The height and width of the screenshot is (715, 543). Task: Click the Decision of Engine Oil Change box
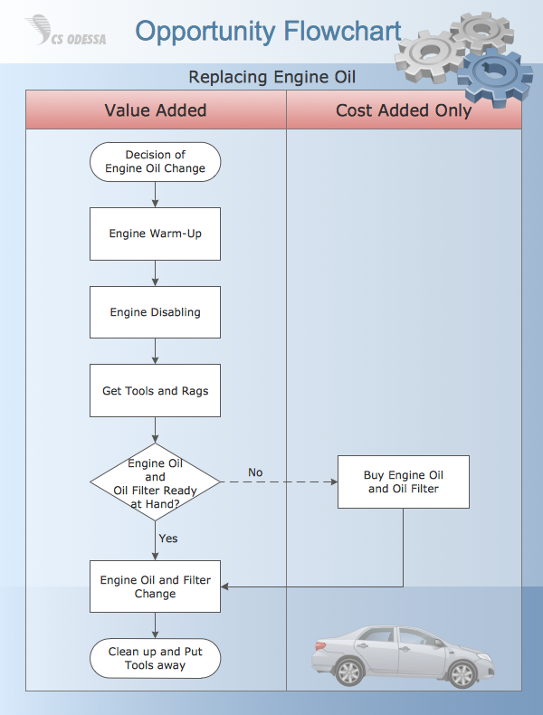pos(155,162)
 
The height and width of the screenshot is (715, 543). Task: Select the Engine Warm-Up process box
pos(155,234)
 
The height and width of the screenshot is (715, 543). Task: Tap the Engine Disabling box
pos(155,312)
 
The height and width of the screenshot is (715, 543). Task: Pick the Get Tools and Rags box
pos(155,391)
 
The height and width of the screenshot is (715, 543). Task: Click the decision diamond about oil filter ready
pos(155,482)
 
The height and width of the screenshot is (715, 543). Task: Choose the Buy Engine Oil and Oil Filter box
pos(404,481)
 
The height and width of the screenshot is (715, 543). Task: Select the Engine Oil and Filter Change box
pos(155,586)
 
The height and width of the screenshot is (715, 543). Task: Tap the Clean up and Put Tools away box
pos(155,658)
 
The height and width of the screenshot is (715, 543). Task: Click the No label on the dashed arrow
pos(255,472)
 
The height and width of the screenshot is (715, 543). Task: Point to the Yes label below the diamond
pos(168,539)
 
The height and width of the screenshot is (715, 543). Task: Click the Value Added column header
pos(156,110)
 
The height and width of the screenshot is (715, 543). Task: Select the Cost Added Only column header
pos(404,110)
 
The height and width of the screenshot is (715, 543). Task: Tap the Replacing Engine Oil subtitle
pos(271,77)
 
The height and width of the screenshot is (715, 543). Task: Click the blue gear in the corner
pos(493,77)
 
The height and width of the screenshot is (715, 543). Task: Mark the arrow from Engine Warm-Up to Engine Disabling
pos(156,273)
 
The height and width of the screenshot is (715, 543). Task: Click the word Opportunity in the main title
pos(205,32)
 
